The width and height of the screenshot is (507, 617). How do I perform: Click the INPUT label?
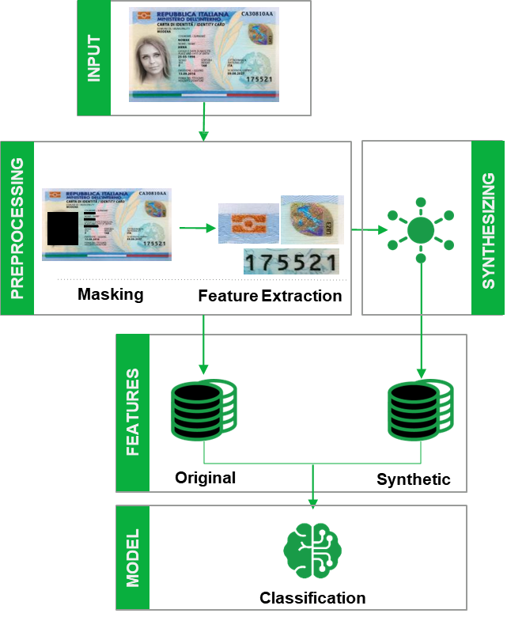pyautogui.click(x=94, y=59)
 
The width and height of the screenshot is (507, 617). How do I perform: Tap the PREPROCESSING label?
pyautogui.click(x=17, y=229)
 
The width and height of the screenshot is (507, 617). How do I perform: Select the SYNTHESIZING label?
pyautogui.click(x=487, y=229)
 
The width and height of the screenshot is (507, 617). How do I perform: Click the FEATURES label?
pyautogui.click(x=133, y=412)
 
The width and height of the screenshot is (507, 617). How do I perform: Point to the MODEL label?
pyautogui.click(x=133, y=558)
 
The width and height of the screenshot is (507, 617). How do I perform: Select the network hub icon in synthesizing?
pyautogui.click(x=421, y=229)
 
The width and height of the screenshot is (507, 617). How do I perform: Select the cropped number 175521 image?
pyautogui.click(x=290, y=263)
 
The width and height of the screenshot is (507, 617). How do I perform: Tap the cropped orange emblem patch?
pyautogui.click(x=248, y=223)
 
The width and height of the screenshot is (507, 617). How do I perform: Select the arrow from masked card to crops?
pyautogui.click(x=198, y=229)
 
